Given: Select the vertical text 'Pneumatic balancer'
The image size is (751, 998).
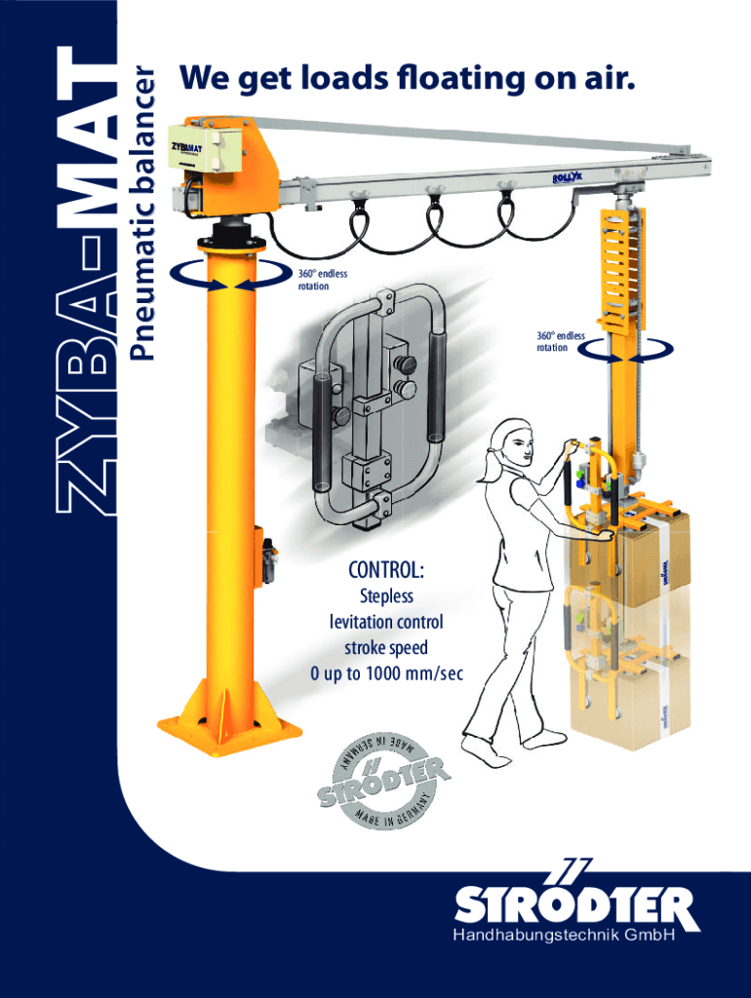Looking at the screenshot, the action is point(141,211).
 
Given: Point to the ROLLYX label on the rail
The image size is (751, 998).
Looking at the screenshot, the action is point(568,179).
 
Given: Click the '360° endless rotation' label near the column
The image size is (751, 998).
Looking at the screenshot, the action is point(322,280).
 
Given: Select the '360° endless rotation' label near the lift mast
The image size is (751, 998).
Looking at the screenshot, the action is point(560,342).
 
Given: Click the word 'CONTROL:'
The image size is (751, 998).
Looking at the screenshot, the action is point(385,569).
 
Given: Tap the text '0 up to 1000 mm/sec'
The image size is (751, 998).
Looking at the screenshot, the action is point(386,673).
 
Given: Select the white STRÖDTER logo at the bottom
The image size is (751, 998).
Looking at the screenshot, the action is point(575,902).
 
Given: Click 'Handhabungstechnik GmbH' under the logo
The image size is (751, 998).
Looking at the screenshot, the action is point(564,936).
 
